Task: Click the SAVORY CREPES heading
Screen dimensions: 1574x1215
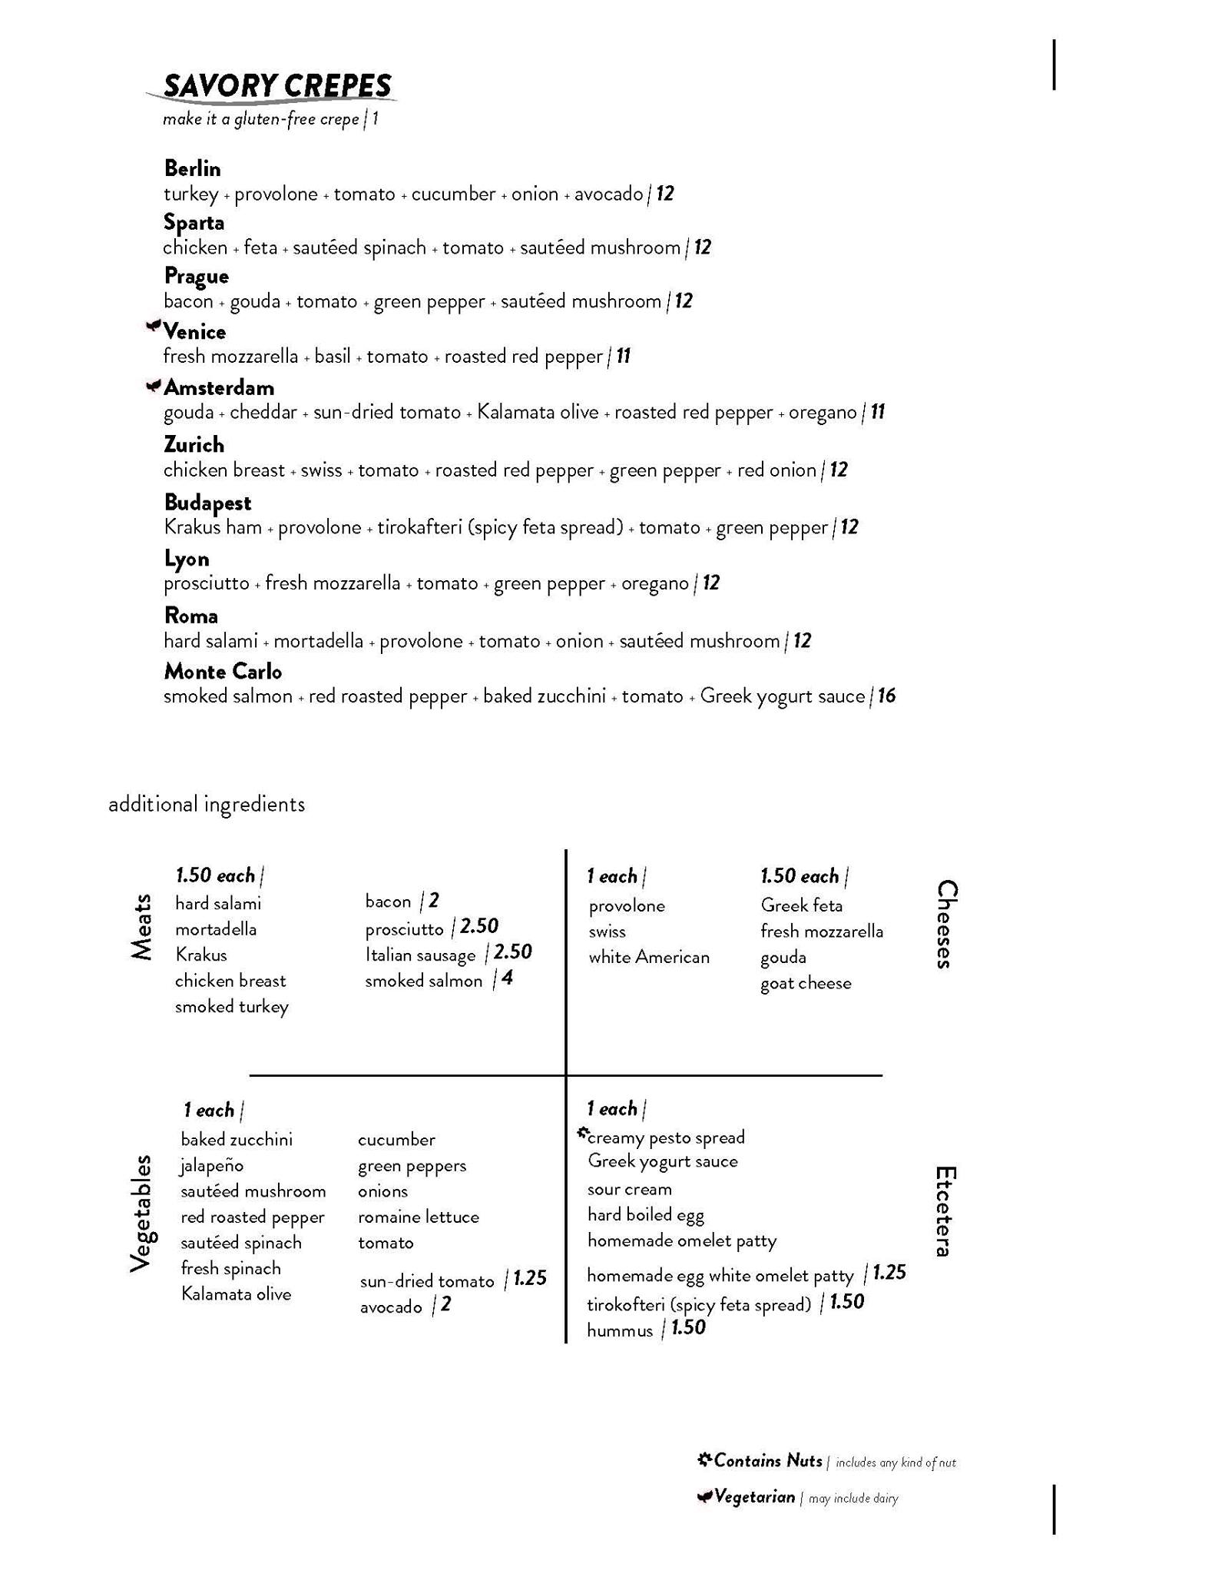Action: coord(277,86)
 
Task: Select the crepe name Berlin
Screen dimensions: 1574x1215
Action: coord(192,168)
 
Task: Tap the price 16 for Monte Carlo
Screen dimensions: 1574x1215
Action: coord(886,696)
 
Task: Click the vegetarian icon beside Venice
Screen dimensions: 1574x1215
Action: coord(154,327)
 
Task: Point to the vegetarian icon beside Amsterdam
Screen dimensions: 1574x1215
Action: coord(154,385)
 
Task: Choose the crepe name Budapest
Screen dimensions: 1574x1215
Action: coord(207,503)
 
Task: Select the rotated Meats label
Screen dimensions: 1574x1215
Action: coord(141,927)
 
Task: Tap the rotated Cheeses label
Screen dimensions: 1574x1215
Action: coord(947,924)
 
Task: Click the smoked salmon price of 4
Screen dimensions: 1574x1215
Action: coord(507,978)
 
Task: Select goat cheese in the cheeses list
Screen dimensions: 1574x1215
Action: coord(806,984)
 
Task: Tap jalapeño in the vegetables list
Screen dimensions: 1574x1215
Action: coord(212,1166)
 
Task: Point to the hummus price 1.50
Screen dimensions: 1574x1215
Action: coord(688,1328)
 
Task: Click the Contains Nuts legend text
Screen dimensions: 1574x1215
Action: coord(767,1460)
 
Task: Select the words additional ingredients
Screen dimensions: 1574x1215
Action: coord(207,805)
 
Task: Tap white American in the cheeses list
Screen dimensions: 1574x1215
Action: coord(649,958)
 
